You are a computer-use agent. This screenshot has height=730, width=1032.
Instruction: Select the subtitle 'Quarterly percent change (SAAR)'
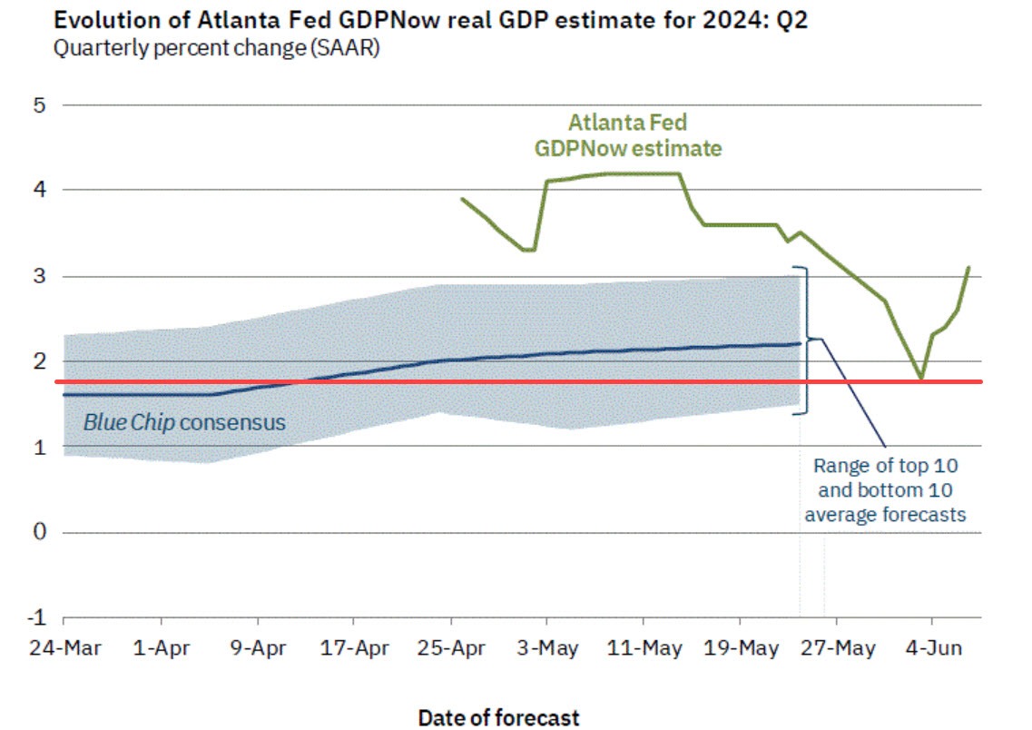[216, 48]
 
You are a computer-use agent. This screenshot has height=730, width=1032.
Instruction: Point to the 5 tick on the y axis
[38, 104]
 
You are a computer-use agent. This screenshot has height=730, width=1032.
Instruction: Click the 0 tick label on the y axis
[38, 532]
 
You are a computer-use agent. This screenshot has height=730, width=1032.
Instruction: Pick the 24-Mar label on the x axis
[64, 649]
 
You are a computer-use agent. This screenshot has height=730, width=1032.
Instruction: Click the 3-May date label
[546, 649]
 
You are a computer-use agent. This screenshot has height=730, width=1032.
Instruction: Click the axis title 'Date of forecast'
[498, 717]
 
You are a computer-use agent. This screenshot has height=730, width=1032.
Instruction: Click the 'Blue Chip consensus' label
[184, 422]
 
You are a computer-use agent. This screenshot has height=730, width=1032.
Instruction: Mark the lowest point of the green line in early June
[921, 378]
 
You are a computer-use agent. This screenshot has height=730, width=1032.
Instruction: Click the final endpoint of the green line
[968, 267]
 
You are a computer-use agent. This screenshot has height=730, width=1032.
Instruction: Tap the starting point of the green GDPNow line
[462, 198]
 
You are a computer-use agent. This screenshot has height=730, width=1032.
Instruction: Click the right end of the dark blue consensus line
[800, 343]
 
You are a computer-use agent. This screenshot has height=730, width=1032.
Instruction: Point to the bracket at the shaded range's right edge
[804, 340]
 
